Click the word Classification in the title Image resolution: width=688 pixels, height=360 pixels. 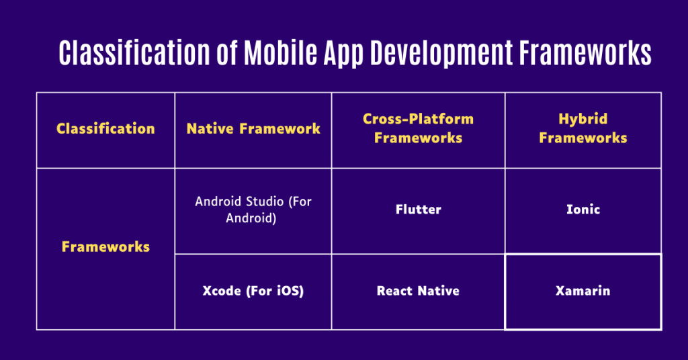click(x=134, y=52)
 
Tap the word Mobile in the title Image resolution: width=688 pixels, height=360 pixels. click(x=280, y=52)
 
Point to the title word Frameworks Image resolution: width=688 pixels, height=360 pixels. click(x=585, y=52)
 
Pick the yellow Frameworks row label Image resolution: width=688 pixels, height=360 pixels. click(x=105, y=246)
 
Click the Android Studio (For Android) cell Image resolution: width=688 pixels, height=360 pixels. click(x=253, y=210)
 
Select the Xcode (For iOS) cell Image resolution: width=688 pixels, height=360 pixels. click(x=253, y=291)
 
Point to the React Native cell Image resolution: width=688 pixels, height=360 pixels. click(x=418, y=291)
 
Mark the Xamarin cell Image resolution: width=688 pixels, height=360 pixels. click(x=583, y=291)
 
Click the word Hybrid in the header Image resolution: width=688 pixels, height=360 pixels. click(x=583, y=119)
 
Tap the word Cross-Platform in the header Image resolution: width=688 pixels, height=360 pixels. click(x=418, y=119)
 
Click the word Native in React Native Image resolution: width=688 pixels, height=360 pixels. click(x=438, y=291)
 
